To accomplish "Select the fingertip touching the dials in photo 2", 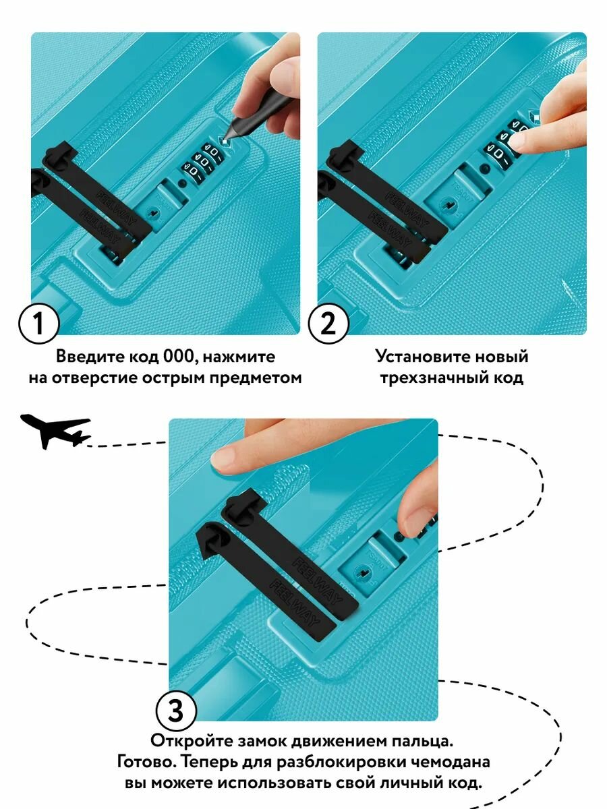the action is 523,140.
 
